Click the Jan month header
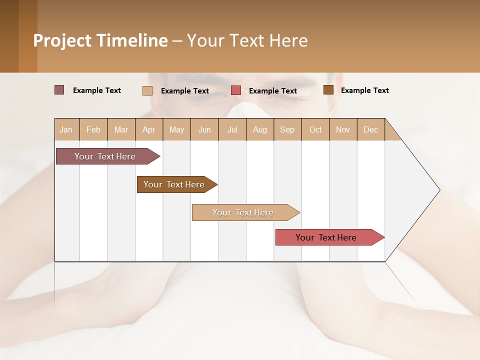(x=66, y=129)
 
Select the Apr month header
(x=149, y=129)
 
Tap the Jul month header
(x=232, y=129)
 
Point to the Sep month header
(x=287, y=129)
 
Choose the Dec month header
(x=370, y=129)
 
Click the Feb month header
(x=93, y=129)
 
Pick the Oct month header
(x=315, y=129)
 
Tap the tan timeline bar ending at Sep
(x=243, y=212)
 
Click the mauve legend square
(x=59, y=90)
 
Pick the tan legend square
(x=147, y=90)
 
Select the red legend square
(x=236, y=90)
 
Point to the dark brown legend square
(x=328, y=90)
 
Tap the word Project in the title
(x=62, y=40)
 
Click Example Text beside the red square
(x=273, y=90)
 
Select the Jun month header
(x=204, y=129)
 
